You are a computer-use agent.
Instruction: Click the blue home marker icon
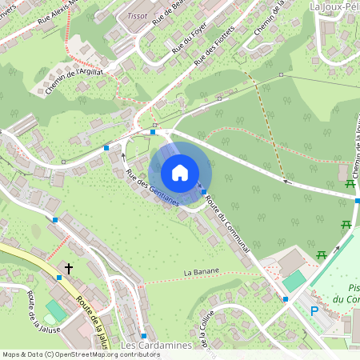tap(180, 172)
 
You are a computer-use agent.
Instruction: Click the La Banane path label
tap(201, 273)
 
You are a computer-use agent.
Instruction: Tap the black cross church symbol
tap(69, 269)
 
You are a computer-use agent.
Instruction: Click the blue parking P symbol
tap(314, 310)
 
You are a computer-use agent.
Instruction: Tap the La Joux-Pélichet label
tap(334, 6)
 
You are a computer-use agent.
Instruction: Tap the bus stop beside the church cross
tap(59, 278)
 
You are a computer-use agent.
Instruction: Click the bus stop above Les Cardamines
tap(144, 335)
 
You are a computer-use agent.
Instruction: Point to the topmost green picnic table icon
tap(350, 185)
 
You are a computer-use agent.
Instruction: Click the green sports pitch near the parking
tap(294, 281)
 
